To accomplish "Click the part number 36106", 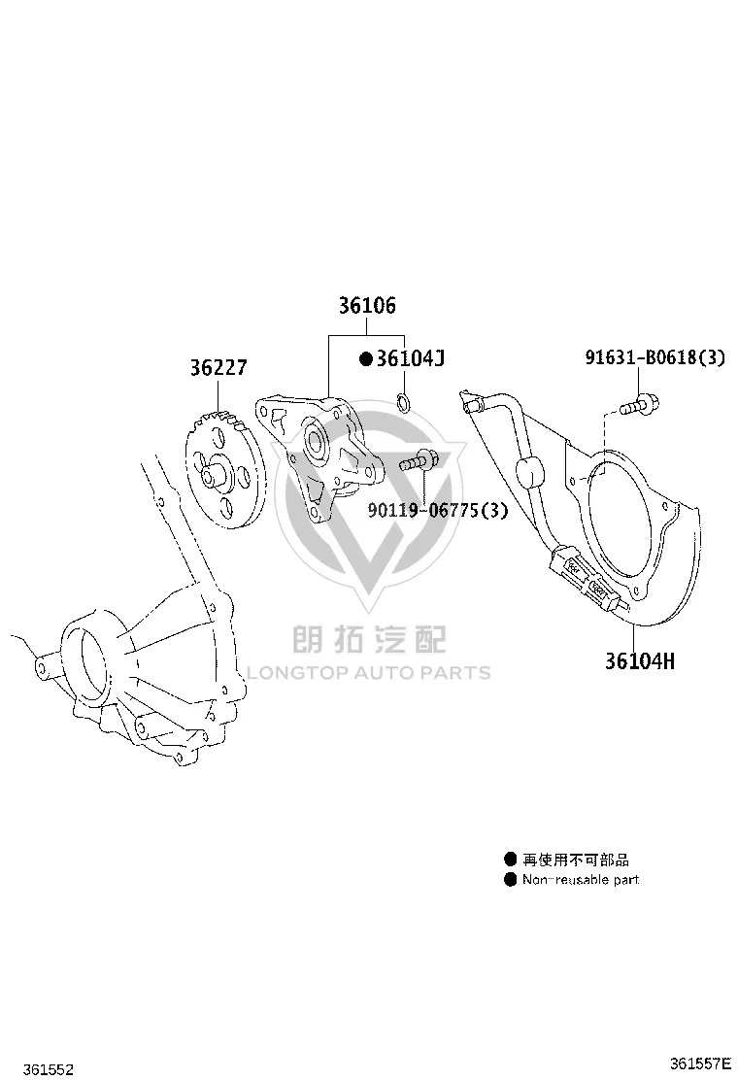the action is [367, 305].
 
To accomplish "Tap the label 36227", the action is [218, 368].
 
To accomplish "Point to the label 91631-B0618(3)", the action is [654, 357].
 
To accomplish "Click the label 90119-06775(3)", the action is [437, 511].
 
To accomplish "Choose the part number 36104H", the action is [640, 661].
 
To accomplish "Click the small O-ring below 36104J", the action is [405, 401].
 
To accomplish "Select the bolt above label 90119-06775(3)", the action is [418, 459].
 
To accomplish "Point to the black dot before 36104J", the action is [366, 358].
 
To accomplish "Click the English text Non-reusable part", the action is [581, 880].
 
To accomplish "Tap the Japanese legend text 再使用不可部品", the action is [576, 860].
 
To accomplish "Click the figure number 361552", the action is [49, 1069].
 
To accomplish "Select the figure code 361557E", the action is [699, 1063].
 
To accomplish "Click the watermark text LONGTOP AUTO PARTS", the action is [368, 672].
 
